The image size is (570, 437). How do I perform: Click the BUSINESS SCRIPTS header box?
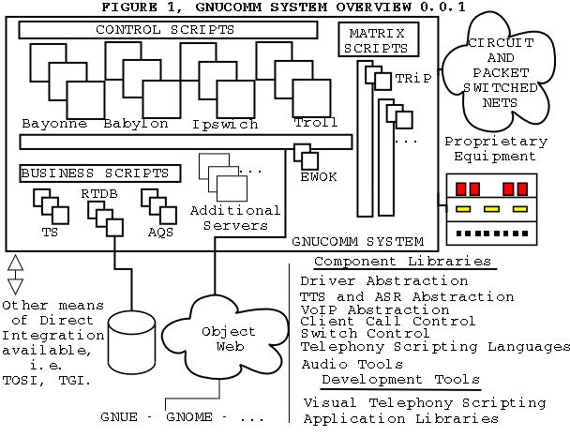95,173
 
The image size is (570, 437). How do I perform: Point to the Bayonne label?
54,124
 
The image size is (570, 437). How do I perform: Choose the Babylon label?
136,124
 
